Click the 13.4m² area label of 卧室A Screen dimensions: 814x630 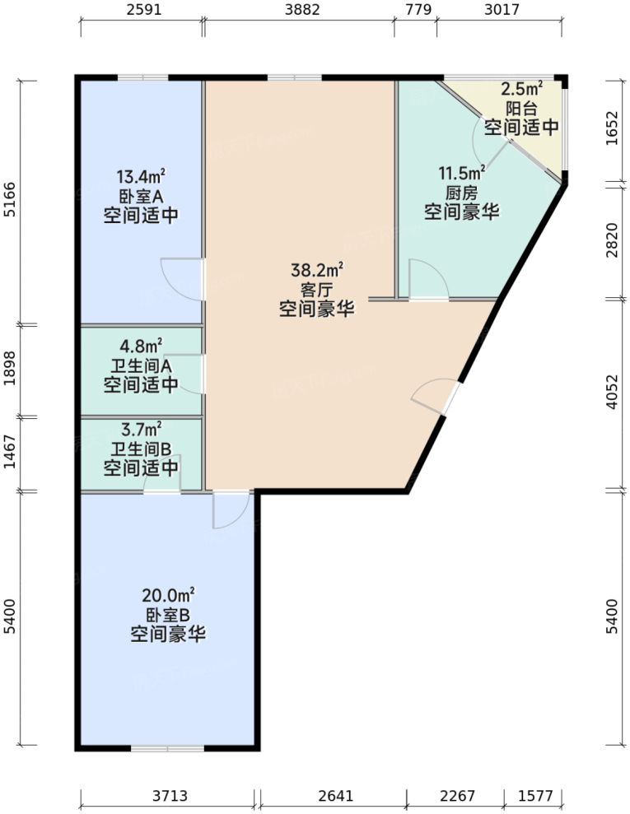[x=141, y=176]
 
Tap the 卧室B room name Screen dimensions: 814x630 [x=168, y=615]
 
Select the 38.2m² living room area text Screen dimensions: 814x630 [x=316, y=270]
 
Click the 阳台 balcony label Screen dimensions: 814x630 [x=520, y=107]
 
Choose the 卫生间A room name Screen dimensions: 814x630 [x=141, y=365]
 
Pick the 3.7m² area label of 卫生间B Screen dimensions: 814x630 [x=141, y=428]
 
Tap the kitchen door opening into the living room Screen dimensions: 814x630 [x=429, y=280]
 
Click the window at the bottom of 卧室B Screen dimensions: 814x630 [x=167, y=748]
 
